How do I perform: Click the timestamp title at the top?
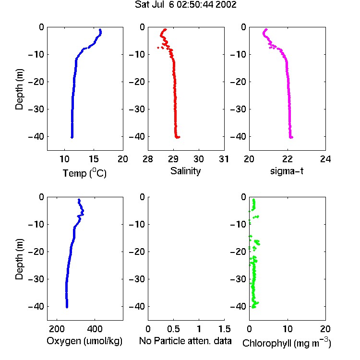(185, 5)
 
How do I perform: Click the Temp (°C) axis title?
(84, 173)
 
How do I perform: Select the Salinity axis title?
(185, 171)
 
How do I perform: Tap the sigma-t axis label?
(287, 171)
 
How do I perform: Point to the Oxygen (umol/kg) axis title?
(84, 341)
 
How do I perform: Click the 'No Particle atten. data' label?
(185, 341)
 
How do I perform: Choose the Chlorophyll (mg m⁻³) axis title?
(287, 343)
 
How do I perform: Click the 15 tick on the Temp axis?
(94, 159)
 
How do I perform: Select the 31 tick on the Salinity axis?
(224, 159)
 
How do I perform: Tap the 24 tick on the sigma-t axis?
(325, 159)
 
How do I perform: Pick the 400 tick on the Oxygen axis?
(95, 329)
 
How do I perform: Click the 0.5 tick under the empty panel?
(173, 329)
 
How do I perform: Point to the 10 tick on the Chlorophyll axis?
(288, 329)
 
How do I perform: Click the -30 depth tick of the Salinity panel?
(137, 109)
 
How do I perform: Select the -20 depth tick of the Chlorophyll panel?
(238, 252)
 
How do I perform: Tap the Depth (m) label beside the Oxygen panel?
(19, 259)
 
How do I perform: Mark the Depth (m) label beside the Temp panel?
(19, 89)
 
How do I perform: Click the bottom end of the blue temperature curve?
(72, 137)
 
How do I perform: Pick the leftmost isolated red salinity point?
(158, 48)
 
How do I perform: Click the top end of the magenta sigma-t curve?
(266, 29)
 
